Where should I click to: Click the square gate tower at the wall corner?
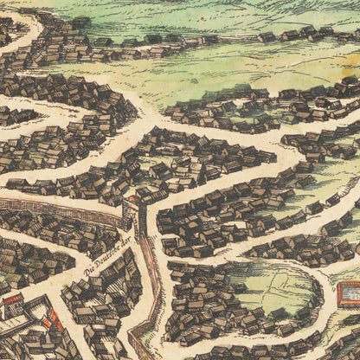[132, 211]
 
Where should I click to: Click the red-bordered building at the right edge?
[348, 295]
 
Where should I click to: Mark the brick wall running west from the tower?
[61, 209]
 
